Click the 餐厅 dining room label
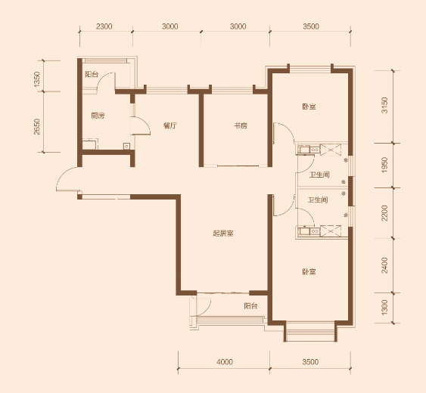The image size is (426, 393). coord(170,125)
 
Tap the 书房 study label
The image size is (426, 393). coord(241,125)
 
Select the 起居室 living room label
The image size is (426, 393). coord(223,233)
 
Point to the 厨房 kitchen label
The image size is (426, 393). coord(98,116)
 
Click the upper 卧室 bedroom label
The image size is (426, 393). coord(309,107)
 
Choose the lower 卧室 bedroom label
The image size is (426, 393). coord(309,271)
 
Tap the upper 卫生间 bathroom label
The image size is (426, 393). coord(319,175)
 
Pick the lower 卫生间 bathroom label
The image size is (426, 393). coord(318,200)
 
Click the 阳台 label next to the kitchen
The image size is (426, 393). coord(92,74)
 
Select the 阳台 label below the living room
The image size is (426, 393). coord(250,306)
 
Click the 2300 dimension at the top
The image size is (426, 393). coord(104,26)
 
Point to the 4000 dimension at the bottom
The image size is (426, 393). coord(225,362)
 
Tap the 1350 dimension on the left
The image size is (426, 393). coord(37,79)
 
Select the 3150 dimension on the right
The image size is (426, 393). coord(384,105)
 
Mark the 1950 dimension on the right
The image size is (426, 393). coord(384,165)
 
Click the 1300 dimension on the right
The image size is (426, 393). coord(384,308)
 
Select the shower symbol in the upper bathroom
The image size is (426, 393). coord(331,150)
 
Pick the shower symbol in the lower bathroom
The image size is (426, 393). coord(331,231)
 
